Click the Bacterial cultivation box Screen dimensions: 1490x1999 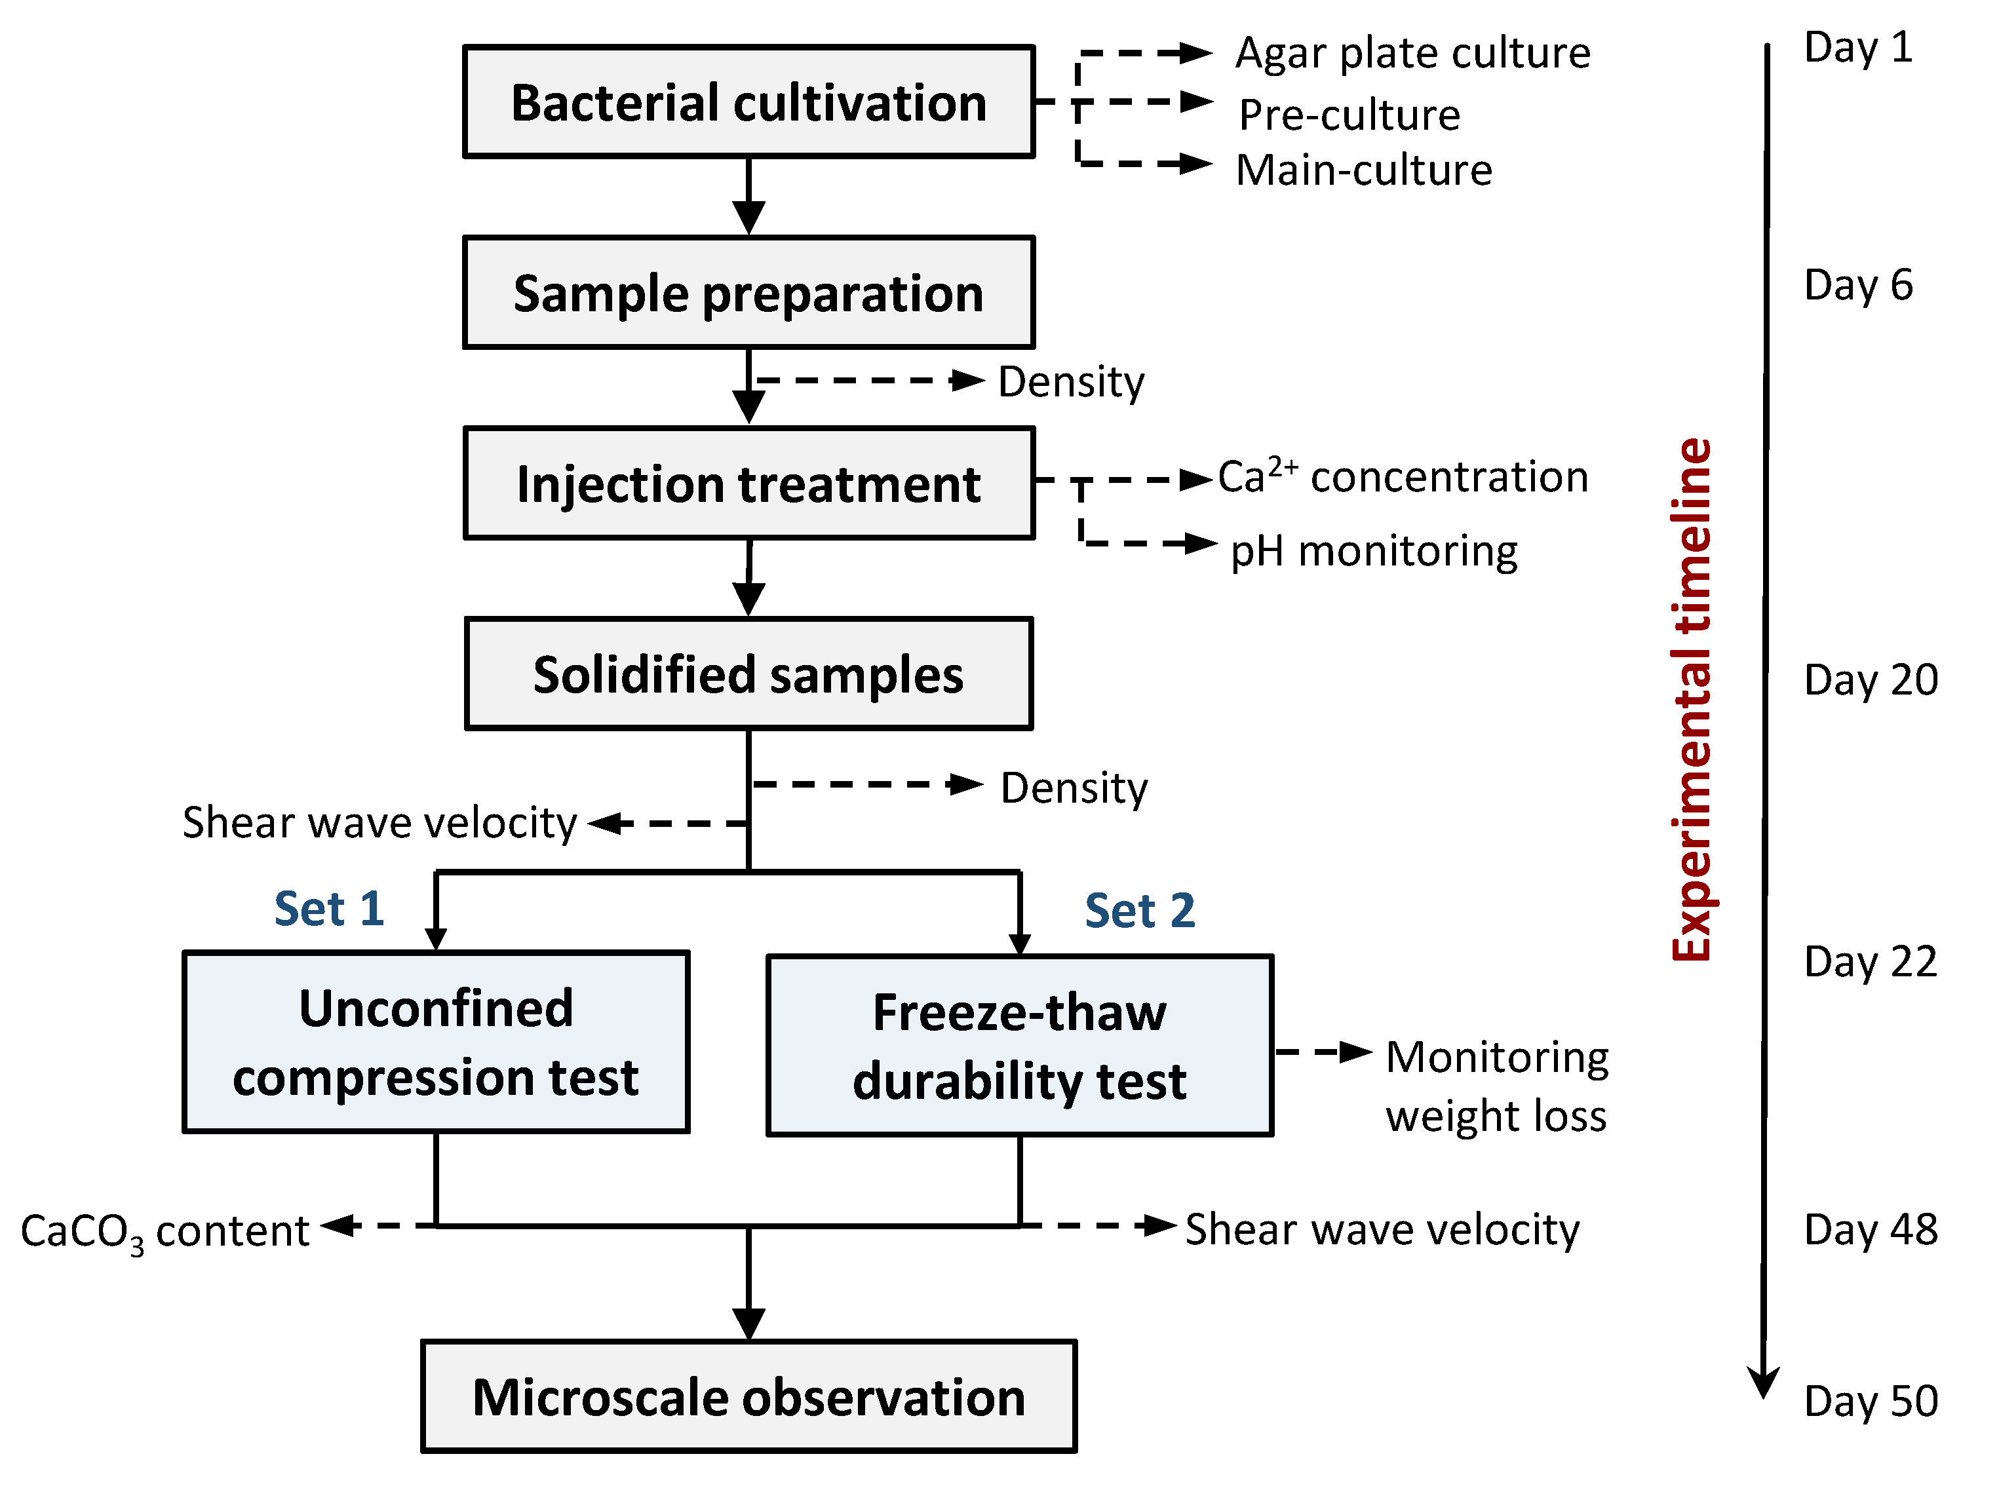[x=748, y=102]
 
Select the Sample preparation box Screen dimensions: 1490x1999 [x=748, y=293]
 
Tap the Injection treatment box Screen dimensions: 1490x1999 [x=748, y=484]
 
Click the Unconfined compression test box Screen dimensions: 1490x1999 [x=436, y=1042]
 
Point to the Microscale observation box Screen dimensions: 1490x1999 [x=748, y=1396]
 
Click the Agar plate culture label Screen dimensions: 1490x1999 [x=1412, y=52]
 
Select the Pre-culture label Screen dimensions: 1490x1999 [x=1349, y=115]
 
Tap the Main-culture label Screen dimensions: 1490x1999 [x=1363, y=170]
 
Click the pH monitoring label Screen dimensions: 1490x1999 [x=1373, y=550]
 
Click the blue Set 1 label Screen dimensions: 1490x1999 [x=329, y=907]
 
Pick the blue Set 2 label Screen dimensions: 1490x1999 [x=1139, y=909]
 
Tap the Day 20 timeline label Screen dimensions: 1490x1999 [x=1870, y=679]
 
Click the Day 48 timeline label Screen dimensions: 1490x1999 [x=1870, y=1229]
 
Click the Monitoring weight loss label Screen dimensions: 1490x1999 [x=1496, y=1086]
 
